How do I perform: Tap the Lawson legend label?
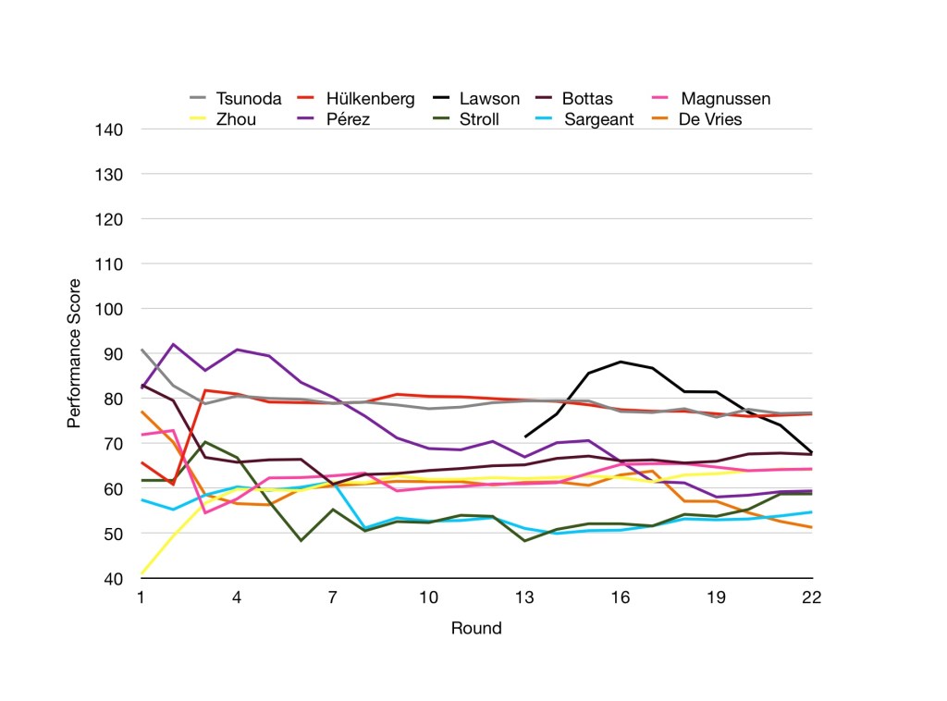pos(489,99)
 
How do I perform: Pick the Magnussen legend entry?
pos(725,99)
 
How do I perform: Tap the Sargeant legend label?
pos(598,119)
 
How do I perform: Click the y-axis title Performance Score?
pos(74,353)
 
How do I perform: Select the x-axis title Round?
pos(476,629)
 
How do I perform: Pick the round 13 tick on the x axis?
pos(524,597)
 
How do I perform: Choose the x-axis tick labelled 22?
pos(811,597)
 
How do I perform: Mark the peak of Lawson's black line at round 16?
pos(621,362)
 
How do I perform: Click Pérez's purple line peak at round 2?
pos(173,344)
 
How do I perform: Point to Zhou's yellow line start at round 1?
pos(141,573)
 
